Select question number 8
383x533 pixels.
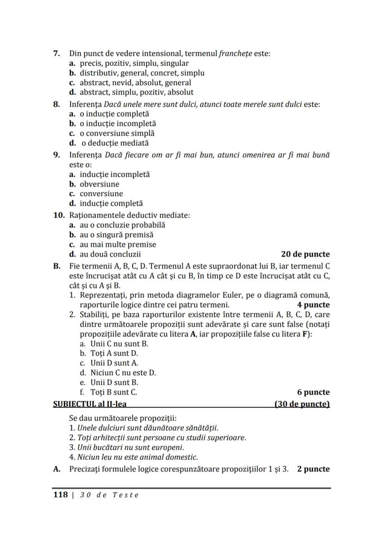[56, 104]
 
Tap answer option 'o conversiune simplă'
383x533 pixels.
[117, 133]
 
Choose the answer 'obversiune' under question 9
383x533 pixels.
[99, 184]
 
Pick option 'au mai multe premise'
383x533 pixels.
[117, 245]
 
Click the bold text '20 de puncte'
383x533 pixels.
[305, 254]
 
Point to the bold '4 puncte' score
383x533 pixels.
[314, 305]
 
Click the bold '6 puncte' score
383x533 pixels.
[314, 392]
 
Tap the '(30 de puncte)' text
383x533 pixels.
[302, 404]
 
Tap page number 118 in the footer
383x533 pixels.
[60, 495]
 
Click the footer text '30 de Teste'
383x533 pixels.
[109, 495]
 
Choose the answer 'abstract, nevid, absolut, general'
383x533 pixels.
[135, 82]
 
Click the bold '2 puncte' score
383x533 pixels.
[314, 469]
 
